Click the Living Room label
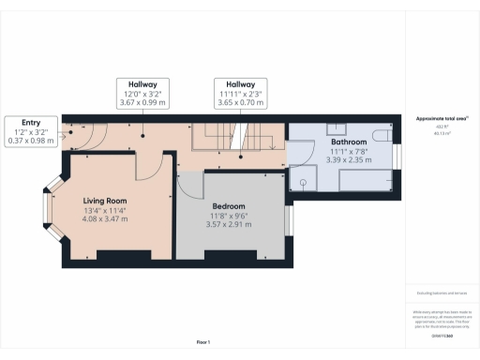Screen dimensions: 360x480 (104, 201)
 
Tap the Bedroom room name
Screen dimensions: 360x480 (229, 206)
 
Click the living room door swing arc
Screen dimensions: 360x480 (147, 167)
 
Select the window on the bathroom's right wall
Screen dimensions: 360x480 (397, 157)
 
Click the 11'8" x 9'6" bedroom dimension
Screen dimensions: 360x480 (229, 217)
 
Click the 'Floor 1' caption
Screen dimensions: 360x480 (203, 342)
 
